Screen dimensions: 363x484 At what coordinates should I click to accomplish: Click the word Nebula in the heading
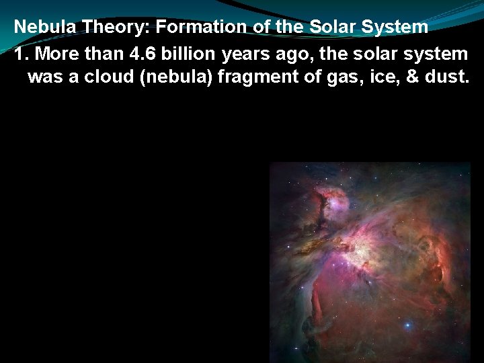click(x=43, y=27)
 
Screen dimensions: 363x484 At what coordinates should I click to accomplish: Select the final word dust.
click(x=446, y=77)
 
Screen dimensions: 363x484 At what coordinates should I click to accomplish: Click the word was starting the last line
click(x=44, y=77)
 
